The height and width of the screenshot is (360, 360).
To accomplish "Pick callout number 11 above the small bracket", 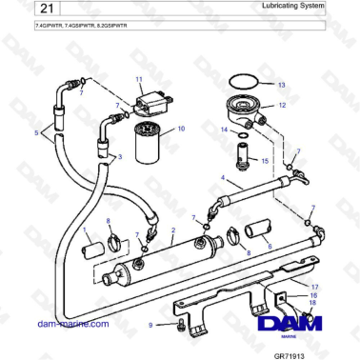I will coord(139,79).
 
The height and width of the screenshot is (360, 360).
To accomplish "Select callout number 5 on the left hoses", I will coord(37,134).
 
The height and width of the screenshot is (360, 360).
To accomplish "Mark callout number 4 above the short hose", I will coord(223,178).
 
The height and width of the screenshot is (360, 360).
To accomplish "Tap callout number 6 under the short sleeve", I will coord(269,246).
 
